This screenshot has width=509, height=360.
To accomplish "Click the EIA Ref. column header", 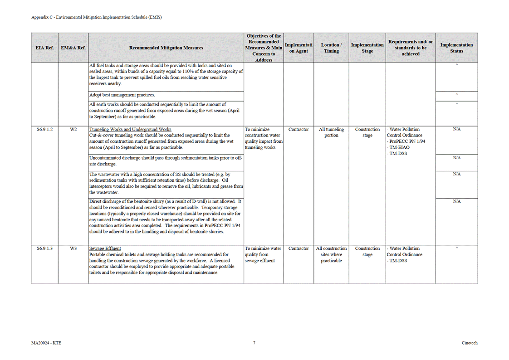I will [x=44, y=48].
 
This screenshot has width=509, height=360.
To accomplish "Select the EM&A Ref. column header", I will [x=73, y=48].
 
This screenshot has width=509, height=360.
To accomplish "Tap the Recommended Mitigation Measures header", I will [x=166, y=48].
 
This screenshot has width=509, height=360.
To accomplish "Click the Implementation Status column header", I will [x=456, y=48].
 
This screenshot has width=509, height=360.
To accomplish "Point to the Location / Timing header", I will [x=331, y=48].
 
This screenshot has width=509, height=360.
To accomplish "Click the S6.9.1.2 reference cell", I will [x=44, y=130].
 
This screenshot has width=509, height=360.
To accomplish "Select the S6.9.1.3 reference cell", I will [x=44, y=248].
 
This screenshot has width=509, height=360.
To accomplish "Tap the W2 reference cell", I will [x=73, y=130].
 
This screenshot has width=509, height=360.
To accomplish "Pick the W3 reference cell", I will [x=73, y=248].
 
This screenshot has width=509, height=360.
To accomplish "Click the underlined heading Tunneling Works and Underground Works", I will [x=130, y=130].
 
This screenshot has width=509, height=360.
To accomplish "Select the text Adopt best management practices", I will [x=122, y=95].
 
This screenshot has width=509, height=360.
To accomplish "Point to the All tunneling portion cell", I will [x=331, y=132].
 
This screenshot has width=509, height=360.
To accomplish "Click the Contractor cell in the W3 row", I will [x=299, y=248].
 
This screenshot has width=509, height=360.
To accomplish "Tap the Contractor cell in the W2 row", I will [x=299, y=130].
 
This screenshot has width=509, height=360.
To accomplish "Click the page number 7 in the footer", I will [x=254, y=343].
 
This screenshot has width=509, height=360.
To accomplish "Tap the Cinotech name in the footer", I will [x=470, y=343].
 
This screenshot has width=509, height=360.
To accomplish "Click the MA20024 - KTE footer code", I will [x=46, y=343].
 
